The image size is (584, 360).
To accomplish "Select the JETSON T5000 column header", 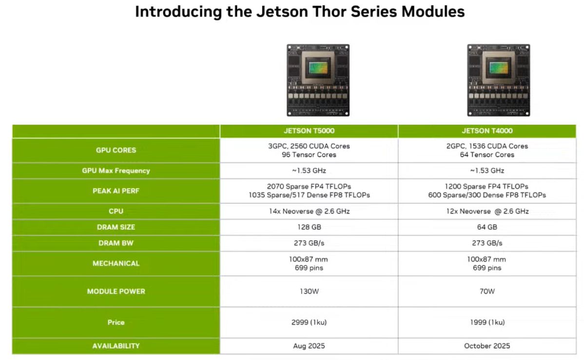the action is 309,131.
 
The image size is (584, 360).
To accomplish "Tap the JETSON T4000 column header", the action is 487,131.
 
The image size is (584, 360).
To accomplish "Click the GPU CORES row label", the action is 116,150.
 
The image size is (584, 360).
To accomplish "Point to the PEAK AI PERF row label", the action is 116,191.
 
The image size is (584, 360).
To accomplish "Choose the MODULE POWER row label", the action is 116,291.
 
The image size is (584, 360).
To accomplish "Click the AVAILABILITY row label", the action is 116,346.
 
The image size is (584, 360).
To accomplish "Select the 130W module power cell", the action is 309,291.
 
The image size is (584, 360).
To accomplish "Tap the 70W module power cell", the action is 487,291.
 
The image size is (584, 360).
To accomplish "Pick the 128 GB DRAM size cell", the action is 309,227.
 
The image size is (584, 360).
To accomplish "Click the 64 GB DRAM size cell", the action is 487,227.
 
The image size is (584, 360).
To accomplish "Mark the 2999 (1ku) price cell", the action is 309,322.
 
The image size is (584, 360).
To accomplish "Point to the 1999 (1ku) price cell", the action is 487,322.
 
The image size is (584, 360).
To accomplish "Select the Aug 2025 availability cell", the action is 309,346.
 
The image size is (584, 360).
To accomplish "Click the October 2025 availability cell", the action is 487,346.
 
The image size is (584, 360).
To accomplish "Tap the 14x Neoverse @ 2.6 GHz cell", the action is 309,211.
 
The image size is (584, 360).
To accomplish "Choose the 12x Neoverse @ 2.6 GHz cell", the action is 487,211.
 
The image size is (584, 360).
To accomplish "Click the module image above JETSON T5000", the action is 318,80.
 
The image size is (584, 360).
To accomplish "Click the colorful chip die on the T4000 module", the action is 498,68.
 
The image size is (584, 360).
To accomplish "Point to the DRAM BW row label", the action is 116,243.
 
